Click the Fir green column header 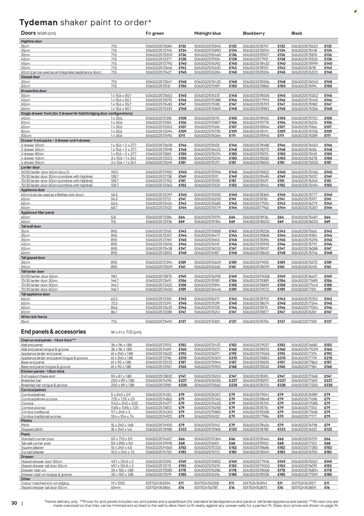point(155,33)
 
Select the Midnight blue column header point(207,33)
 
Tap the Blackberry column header point(254,33)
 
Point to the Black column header point(297,33)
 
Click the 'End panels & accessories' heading point(53,332)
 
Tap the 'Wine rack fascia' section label point(34,316)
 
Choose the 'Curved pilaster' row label point(32,452)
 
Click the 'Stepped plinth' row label point(32,429)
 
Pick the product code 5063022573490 point(159,321)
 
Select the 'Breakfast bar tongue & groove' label point(44,385)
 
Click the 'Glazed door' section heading point(31,77)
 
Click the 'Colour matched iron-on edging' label point(45,483)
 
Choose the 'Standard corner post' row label point(37,439)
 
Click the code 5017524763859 point(305,487)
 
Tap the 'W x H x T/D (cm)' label point(124,332)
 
